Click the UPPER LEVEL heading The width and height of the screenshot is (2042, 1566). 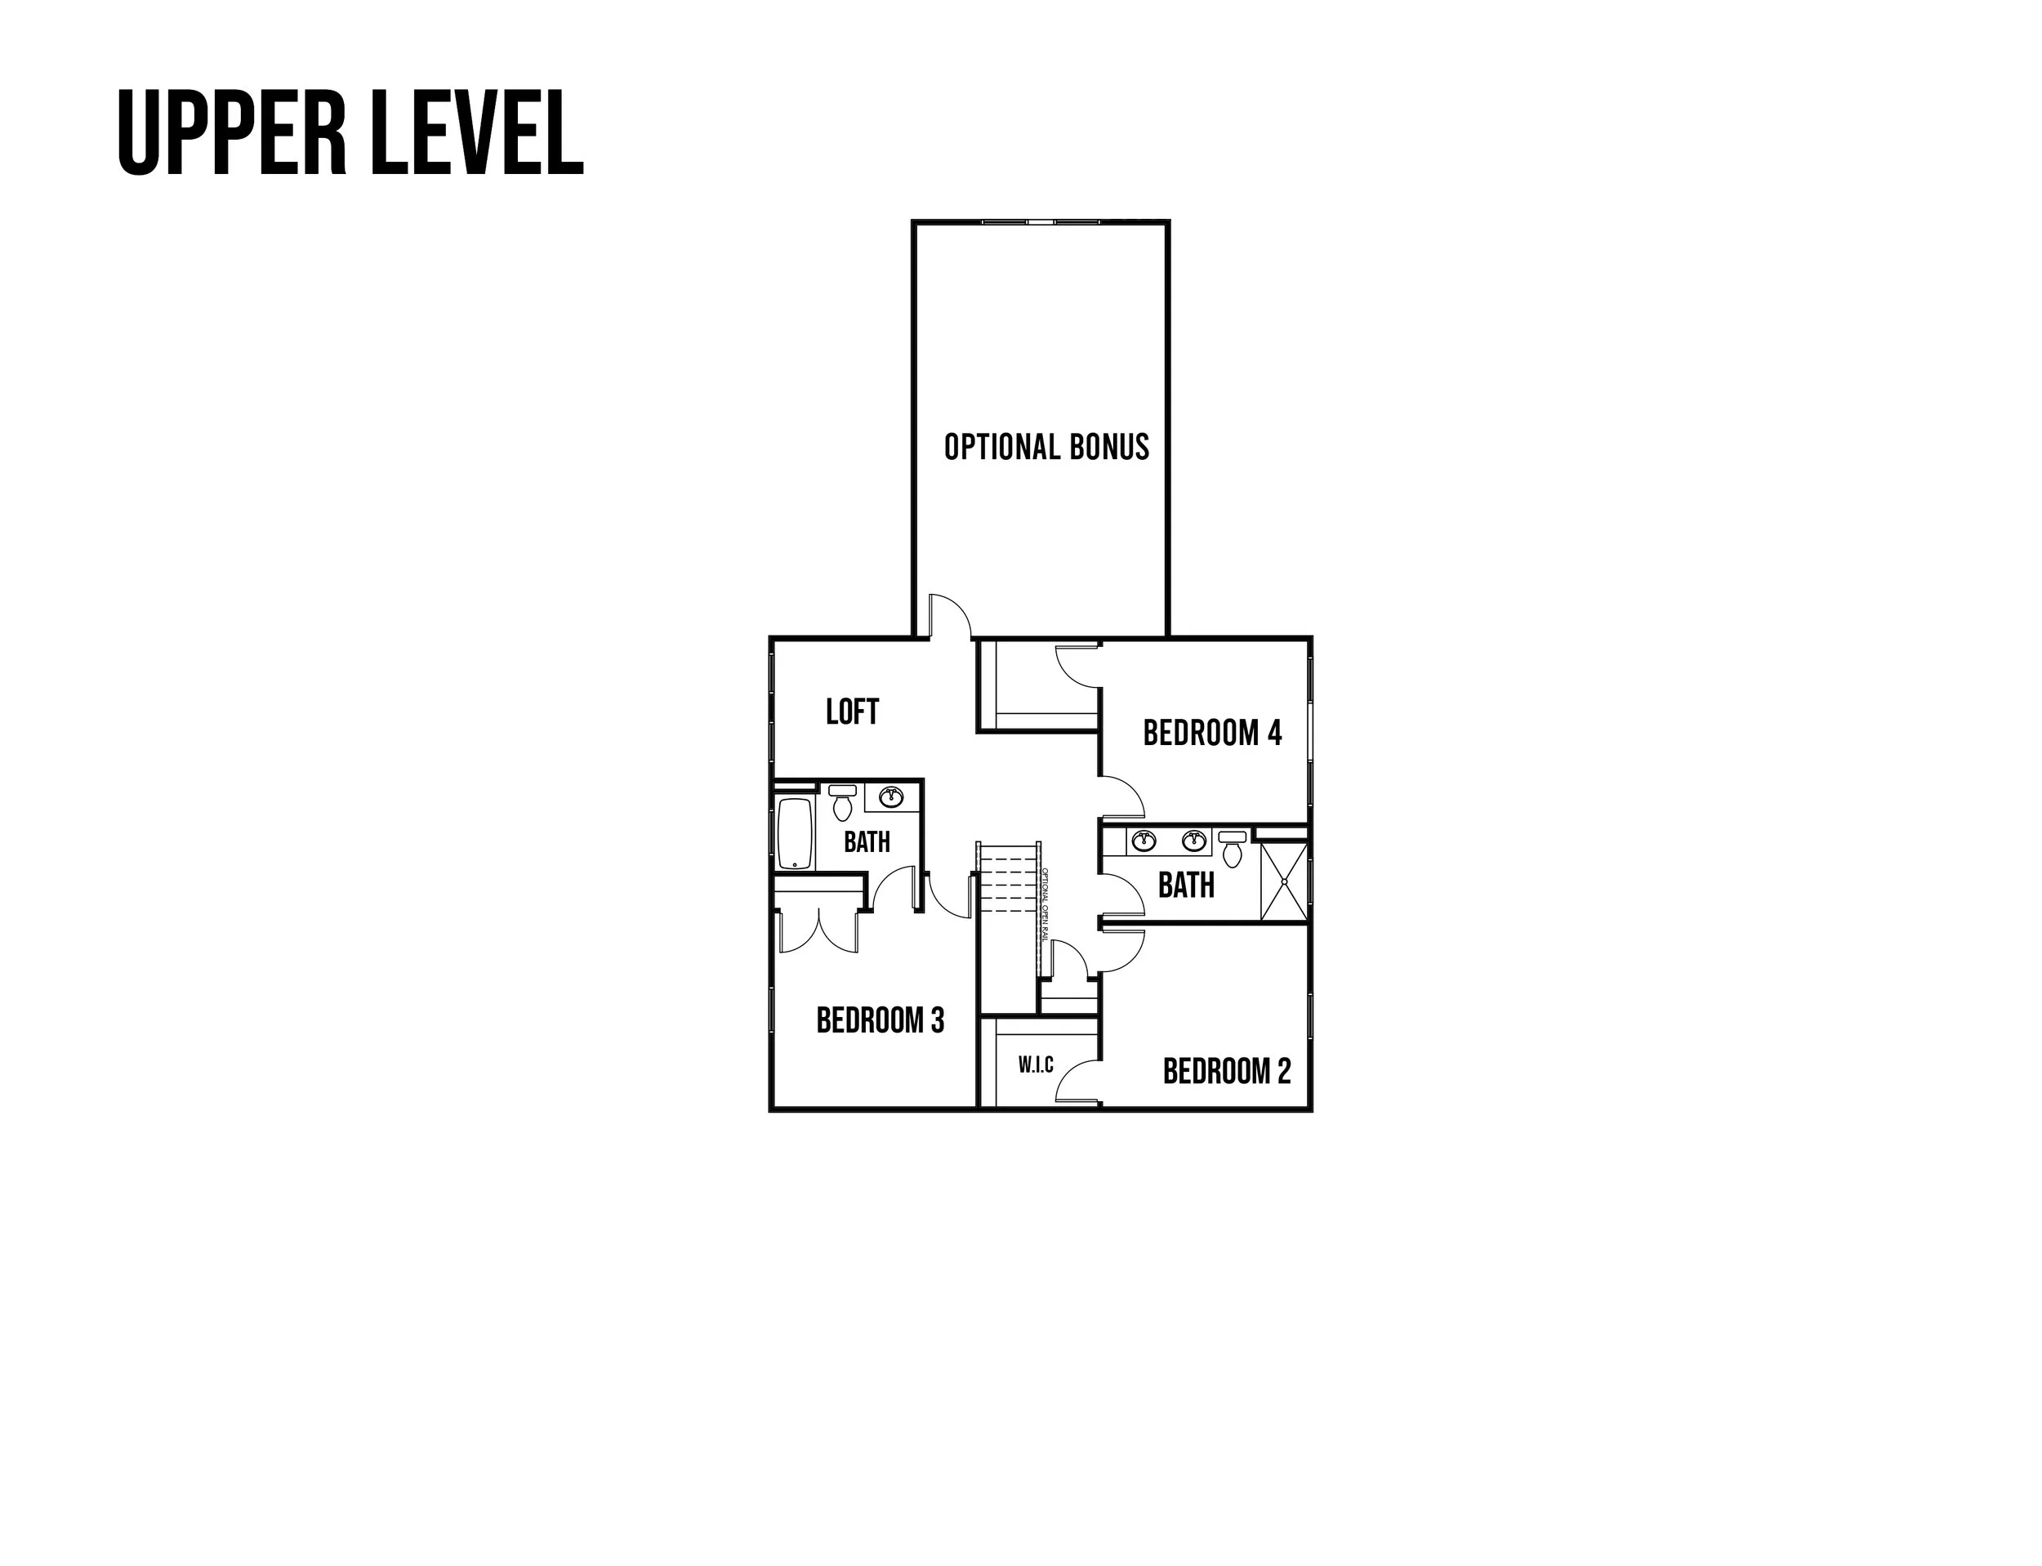coord(350,133)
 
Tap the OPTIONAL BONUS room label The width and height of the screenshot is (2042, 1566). coord(1046,448)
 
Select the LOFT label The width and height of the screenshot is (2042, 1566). coord(852,712)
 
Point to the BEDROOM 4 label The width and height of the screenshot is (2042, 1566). coord(1211,734)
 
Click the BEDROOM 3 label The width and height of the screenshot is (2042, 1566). coord(880,1020)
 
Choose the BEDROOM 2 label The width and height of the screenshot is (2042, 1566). coord(1227,1071)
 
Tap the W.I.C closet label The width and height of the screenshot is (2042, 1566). coord(1036,1064)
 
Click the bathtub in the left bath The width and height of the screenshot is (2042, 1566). coord(795,833)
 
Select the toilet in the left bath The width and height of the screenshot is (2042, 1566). coord(842,801)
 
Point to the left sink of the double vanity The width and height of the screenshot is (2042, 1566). coord(1144,841)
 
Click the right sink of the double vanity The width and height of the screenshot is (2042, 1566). coord(1193,841)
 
